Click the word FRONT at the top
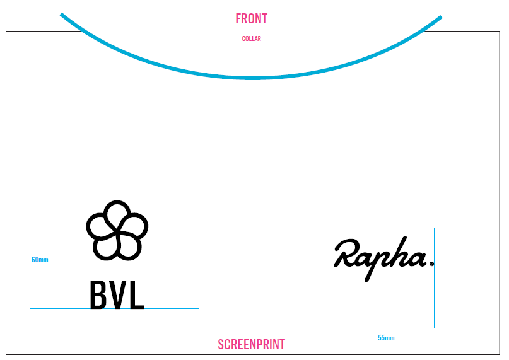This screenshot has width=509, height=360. coord(251,19)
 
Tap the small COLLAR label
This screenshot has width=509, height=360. coord(251,39)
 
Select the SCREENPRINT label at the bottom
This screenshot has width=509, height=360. coord(251,345)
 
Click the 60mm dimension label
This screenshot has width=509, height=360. coord(40,260)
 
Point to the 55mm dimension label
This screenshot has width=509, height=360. coord(386,339)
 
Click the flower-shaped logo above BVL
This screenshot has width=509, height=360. coord(117,230)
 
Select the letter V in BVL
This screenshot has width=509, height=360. coord(117,295)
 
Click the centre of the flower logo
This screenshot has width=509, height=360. coord(117,231)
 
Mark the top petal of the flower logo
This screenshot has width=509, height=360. coord(117,209)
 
